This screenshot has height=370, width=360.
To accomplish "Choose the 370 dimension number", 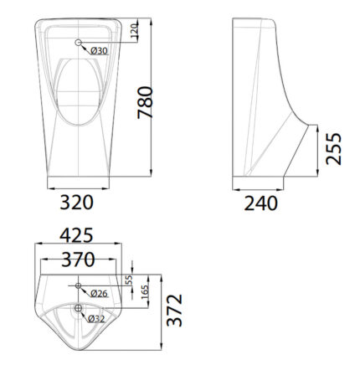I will [77, 260].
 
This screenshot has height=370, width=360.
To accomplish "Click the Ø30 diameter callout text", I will [100, 52].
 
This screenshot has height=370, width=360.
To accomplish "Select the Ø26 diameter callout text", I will [99, 293].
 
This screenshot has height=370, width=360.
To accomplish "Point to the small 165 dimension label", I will [143, 291].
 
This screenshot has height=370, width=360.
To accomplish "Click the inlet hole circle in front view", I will [79, 43].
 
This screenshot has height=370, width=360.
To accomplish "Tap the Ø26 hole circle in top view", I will [79, 286].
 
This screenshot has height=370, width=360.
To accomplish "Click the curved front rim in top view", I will [78, 344].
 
